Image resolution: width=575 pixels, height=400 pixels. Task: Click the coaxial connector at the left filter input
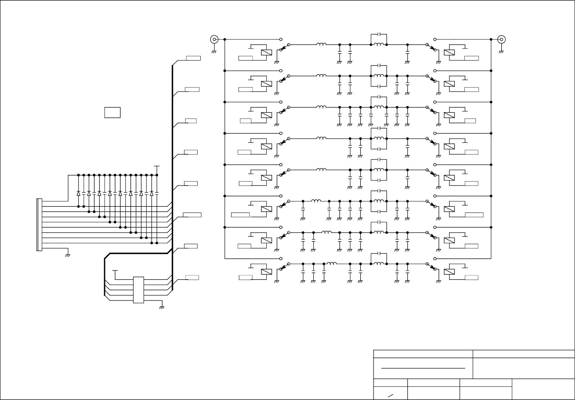coord(214,39)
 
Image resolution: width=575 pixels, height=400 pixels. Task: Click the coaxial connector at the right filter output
coord(501,39)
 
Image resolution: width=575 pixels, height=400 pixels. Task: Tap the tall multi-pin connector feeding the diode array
coord(39,224)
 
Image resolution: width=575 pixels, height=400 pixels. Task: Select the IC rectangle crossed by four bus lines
coord(138,290)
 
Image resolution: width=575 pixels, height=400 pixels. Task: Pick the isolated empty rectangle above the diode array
coord(112,112)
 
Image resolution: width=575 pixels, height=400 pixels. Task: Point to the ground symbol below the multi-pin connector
coord(68,255)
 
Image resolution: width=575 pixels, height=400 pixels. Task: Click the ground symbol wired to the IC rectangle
coord(162,307)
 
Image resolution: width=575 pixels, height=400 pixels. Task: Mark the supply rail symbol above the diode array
coord(157,167)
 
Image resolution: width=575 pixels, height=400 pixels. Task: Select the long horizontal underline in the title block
coord(423,368)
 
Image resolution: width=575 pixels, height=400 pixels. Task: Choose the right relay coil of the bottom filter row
coord(449,272)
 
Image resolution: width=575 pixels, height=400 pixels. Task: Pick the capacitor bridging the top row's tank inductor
coord(379,34)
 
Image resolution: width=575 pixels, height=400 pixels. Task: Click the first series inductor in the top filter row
coord(321,44)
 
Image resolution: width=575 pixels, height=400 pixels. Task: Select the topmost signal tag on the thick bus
coord(193,58)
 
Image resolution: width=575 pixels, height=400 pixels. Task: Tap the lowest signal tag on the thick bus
coord(192,277)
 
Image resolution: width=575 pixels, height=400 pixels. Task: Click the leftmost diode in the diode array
coord(78,193)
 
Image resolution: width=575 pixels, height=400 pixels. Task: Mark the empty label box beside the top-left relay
coord(246,58)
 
